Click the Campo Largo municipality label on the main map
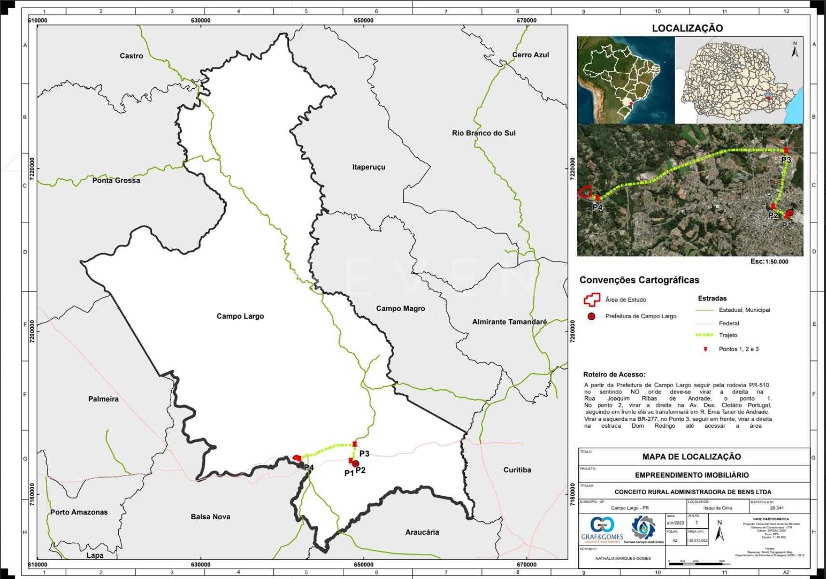click(240, 316)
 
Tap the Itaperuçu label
click(369, 167)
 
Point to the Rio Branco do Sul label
click(484, 133)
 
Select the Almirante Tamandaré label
click(509, 322)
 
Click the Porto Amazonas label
click(79, 512)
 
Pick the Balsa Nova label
click(210, 516)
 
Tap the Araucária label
click(422, 532)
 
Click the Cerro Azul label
click(530, 55)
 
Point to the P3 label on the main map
click(364, 454)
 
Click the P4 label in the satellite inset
click(597, 207)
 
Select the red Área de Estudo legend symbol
click(591, 299)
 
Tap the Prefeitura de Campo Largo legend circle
click(592, 316)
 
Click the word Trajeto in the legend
click(728, 335)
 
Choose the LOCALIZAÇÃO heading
click(687, 28)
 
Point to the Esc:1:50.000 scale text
click(769, 261)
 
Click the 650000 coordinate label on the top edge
click(364, 20)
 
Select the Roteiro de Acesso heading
click(614, 374)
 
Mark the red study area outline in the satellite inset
click(584, 192)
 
